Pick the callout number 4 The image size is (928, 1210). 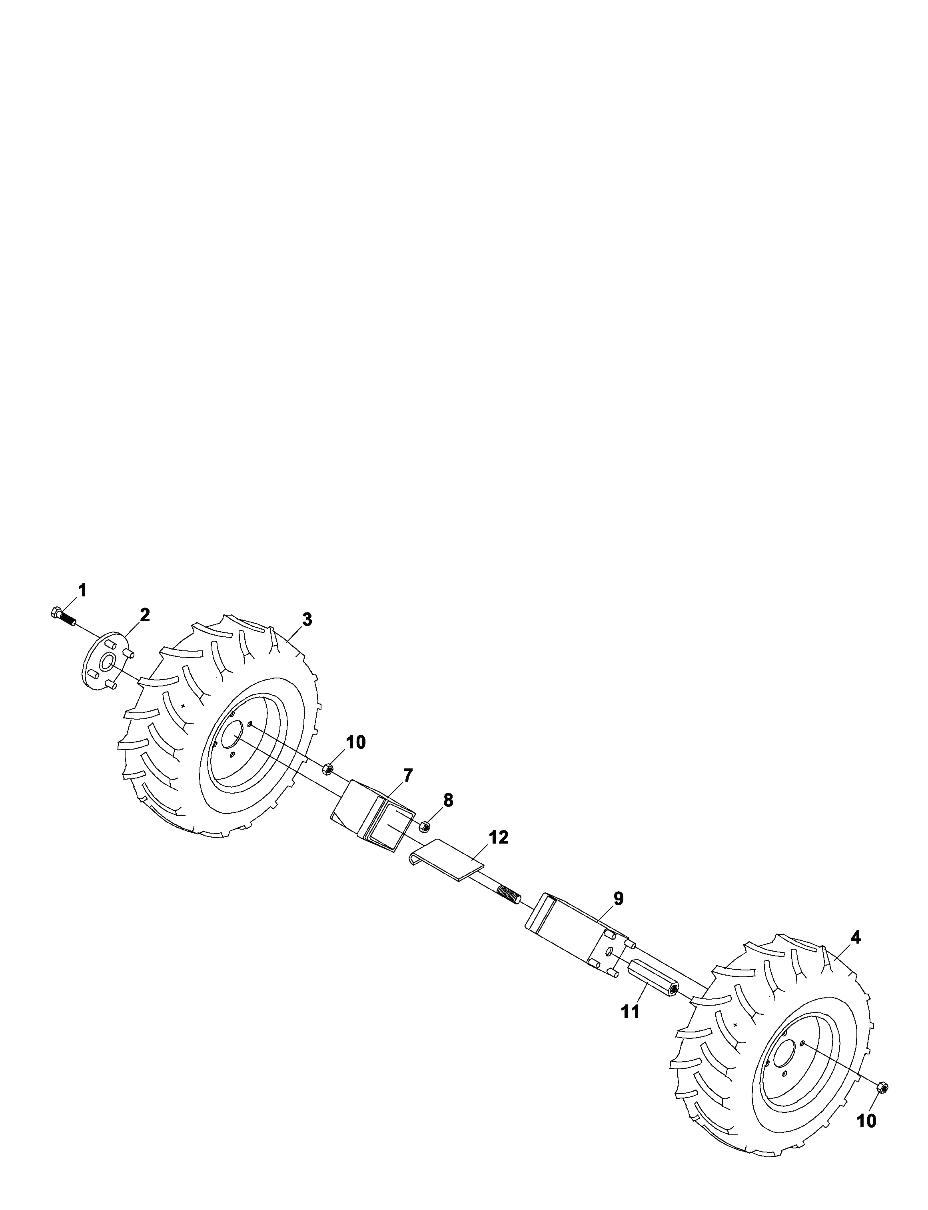tap(856, 937)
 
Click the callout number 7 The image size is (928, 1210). tap(408, 776)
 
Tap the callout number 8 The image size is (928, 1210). tap(448, 800)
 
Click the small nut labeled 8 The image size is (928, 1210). tap(424, 826)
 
